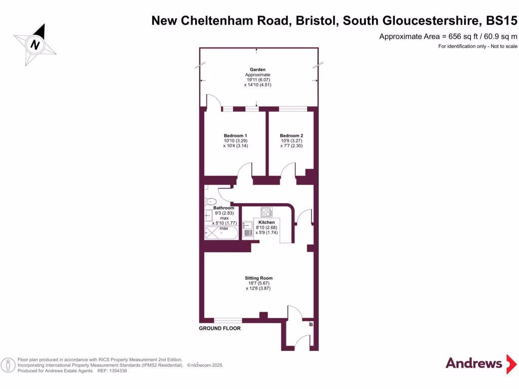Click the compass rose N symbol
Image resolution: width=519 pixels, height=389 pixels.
(x=35, y=45)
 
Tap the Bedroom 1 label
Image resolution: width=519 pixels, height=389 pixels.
(x=235, y=136)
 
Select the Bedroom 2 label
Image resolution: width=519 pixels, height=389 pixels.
(x=291, y=136)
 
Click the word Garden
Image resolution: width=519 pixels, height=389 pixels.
(x=257, y=70)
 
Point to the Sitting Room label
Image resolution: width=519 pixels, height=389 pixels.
(x=258, y=278)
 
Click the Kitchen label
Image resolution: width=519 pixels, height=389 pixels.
(x=267, y=222)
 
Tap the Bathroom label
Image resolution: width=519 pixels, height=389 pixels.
(x=224, y=208)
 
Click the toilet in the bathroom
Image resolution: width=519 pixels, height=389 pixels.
(x=210, y=202)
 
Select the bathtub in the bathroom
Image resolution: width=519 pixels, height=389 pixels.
(x=220, y=232)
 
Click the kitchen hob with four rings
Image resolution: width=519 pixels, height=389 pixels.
(x=267, y=212)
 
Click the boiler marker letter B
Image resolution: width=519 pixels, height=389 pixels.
(x=311, y=324)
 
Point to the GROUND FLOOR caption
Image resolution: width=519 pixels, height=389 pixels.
(x=219, y=328)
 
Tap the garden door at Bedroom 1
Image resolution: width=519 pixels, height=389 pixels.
(x=214, y=102)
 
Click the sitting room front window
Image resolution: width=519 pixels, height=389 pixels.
(x=228, y=320)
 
